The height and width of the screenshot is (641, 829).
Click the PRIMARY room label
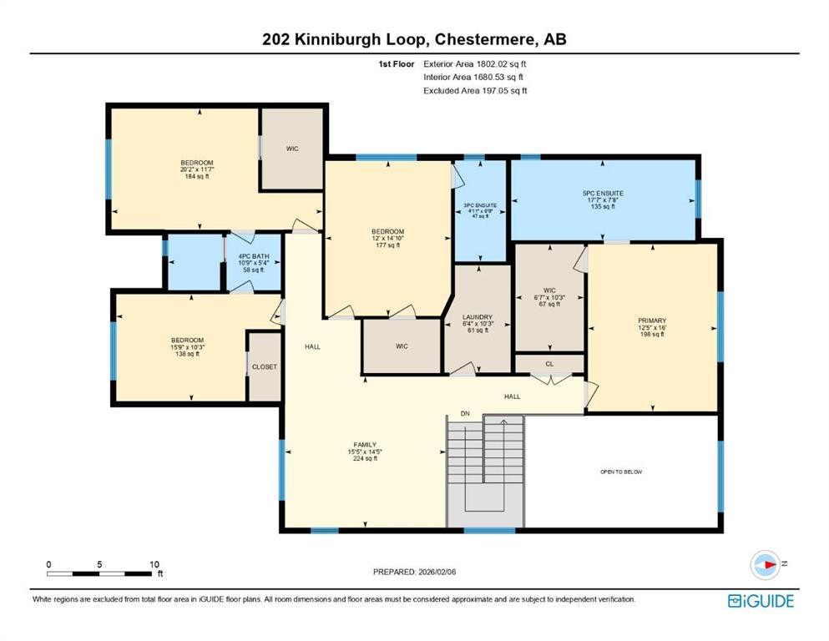652,320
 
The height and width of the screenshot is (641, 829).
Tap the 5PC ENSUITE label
603,194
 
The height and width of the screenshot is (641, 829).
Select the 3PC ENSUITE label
480,204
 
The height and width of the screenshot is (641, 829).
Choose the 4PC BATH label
253,256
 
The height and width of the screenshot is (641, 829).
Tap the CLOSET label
265,366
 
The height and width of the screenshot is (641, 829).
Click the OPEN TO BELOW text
621,472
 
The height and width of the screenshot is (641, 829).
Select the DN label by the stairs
465,413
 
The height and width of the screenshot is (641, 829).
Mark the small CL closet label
548,364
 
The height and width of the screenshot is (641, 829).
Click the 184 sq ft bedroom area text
196,176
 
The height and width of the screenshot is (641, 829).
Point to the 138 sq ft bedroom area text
187,354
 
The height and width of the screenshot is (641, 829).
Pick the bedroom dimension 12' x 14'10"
387,238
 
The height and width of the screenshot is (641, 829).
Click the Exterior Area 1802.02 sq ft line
475,63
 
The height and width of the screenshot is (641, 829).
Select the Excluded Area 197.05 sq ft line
475,90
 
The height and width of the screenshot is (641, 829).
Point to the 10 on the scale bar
154,564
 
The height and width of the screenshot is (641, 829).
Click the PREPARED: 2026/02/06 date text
414,572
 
